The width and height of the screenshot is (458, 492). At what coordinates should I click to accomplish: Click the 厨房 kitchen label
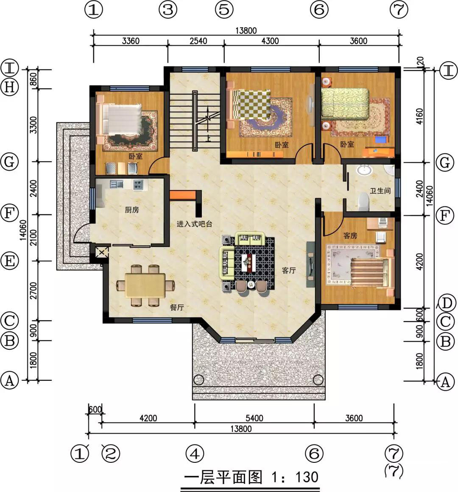point(132,210)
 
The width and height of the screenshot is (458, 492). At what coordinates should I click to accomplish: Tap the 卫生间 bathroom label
point(380,191)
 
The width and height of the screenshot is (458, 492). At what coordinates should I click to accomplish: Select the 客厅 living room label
point(288,270)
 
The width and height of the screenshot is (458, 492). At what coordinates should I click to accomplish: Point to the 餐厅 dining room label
point(177,307)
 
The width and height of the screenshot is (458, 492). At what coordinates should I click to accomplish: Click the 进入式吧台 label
point(194,224)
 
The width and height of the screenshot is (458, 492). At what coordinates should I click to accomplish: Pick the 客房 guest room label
point(350,235)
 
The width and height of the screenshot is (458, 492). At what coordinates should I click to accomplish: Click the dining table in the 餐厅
point(145,285)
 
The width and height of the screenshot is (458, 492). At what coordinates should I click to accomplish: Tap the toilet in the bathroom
point(364,201)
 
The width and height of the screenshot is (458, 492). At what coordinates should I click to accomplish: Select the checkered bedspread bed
point(249,105)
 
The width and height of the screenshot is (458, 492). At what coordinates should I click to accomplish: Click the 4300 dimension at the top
point(270,41)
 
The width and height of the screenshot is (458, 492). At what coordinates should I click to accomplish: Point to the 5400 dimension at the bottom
point(254,418)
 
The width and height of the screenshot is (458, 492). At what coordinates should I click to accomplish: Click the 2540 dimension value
point(198,41)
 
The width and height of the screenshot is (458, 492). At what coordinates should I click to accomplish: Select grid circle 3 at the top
point(168,9)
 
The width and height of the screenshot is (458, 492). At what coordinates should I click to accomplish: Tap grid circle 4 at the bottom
point(195,454)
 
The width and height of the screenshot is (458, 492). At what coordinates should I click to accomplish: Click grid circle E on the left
point(9,261)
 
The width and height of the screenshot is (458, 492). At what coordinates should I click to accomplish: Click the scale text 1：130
point(295,477)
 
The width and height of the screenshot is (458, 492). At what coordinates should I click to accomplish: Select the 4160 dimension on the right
point(420,116)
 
